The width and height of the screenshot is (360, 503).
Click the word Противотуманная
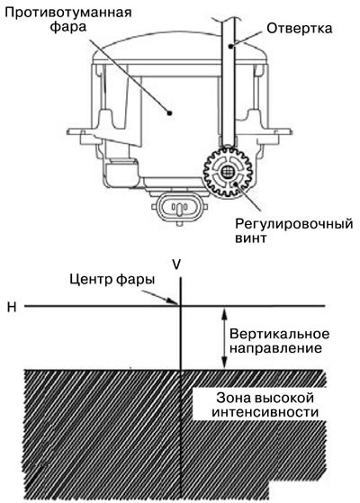69,13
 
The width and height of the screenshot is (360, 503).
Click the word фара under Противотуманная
68,27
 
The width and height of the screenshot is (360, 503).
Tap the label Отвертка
299,29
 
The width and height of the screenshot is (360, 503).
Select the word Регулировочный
294,223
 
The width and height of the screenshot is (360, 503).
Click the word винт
250,238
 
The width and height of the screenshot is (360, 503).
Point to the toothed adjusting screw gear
228,172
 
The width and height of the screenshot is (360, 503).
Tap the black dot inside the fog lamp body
170,112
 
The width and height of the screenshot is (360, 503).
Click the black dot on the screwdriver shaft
230,46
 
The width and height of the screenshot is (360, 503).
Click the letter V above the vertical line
176,265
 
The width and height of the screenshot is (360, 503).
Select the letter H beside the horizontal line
12,308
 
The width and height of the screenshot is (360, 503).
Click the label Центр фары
112,279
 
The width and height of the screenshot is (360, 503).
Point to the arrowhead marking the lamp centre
174,301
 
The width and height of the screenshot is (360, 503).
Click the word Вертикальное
280,334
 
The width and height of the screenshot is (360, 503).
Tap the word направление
275,348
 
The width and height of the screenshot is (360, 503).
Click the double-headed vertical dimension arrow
224,337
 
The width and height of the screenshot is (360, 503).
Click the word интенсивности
265,412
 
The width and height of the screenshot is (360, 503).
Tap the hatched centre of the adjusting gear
228,172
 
